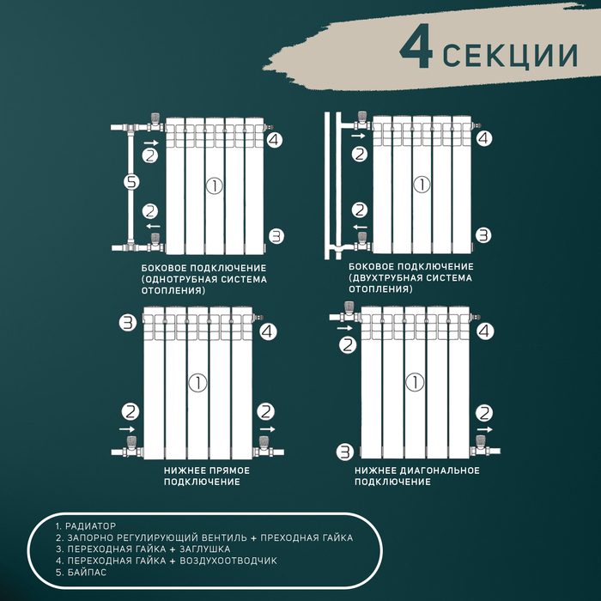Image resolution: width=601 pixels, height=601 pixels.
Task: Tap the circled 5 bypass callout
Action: coord(131,182)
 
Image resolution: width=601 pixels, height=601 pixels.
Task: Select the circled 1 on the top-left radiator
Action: coord(215,184)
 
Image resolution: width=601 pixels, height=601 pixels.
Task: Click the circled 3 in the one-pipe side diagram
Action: coord(276,235)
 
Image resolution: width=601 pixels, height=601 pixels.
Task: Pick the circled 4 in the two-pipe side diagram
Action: coord(484,137)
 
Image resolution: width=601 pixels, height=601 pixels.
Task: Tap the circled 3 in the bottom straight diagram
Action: coord(128,323)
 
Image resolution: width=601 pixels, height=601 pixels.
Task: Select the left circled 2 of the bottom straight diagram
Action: coord(131,412)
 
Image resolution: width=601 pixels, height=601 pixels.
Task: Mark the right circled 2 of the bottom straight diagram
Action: coord(266,412)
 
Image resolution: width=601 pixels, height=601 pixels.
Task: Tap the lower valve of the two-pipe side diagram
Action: coord(362,240)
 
